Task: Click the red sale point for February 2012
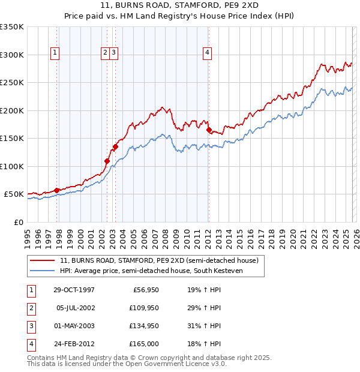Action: pos(209,130)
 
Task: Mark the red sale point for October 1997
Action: pos(57,190)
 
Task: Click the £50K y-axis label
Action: pos(14,194)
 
